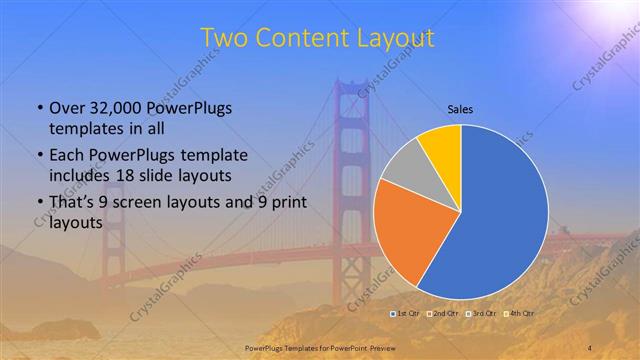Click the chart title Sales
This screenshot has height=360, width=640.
click(x=460, y=109)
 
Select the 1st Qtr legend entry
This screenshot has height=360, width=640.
click(x=405, y=314)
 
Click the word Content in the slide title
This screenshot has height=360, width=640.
click(x=303, y=38)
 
